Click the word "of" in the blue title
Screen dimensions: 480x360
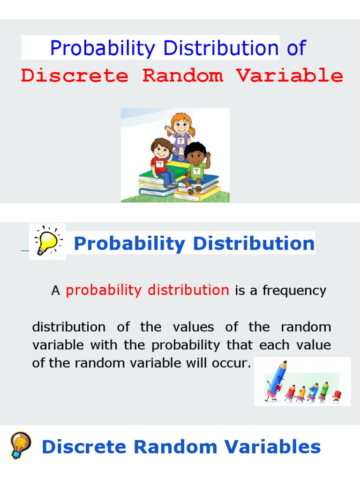pos(296,48)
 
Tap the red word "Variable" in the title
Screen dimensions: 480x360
pos(289,75)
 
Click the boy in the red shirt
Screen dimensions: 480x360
pos(161,162)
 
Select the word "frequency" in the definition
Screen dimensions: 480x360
pos(294,291)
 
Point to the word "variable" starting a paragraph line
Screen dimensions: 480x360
pos(59,345)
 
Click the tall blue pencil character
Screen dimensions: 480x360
pos(275,380)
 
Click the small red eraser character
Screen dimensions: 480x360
pos(336,395)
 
